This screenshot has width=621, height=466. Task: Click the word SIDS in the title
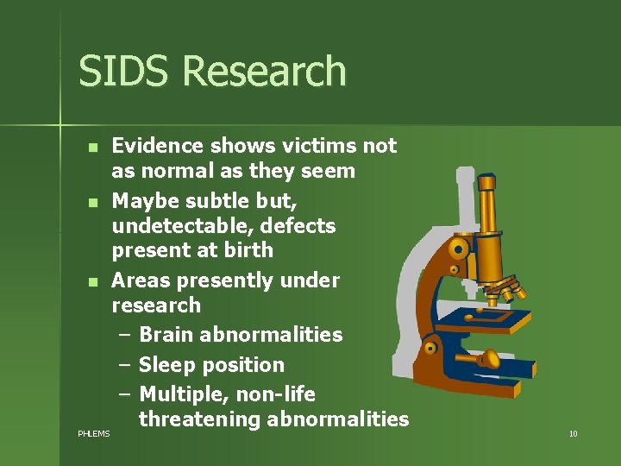tap(114, 72)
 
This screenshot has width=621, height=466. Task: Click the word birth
tap(248, 250)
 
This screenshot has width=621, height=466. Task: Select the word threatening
tap(200, 419)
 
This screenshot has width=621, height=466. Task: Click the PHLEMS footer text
tap(93, 433)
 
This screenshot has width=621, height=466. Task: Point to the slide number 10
tap(573, 433)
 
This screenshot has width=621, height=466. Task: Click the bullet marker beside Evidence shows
tap(92, 147)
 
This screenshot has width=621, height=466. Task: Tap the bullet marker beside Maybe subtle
tap(92, 202)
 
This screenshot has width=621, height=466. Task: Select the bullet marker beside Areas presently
tap(92, 281)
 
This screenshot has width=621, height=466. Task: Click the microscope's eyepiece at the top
tap(487, 183)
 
